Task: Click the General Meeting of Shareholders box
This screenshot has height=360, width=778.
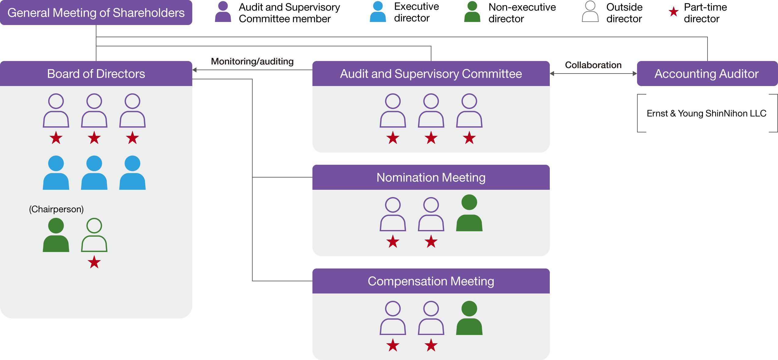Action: pos(96,13)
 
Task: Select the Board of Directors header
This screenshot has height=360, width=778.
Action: pos(96,74)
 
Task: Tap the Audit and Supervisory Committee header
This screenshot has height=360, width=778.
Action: pos(431,74)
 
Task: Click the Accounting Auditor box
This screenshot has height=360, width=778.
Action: pos(707,74)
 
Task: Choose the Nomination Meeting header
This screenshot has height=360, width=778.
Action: pos(431,177)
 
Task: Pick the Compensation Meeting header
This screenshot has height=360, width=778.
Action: pos(431,281)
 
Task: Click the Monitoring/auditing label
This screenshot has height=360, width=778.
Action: pos(252,61)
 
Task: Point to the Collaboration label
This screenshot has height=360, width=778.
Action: pos(593,65)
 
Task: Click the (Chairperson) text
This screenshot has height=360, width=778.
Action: pos(56,209)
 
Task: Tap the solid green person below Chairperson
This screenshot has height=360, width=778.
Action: pos(56,236)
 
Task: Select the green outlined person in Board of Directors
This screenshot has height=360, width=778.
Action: pos(94,236)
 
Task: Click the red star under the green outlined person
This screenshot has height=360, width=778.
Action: pos(94,262)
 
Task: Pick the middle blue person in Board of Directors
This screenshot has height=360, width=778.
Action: pos(94,173)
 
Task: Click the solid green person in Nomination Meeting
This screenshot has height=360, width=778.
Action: pos(469,214)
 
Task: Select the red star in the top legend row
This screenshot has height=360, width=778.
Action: pos(673,12)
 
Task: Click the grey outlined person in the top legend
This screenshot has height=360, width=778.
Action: pos(590,12)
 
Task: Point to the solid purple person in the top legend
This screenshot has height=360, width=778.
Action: pos(223,12)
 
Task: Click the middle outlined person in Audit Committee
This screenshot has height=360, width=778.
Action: pos(431,111)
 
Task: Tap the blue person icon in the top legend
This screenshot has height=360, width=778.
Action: pos(378,12)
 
